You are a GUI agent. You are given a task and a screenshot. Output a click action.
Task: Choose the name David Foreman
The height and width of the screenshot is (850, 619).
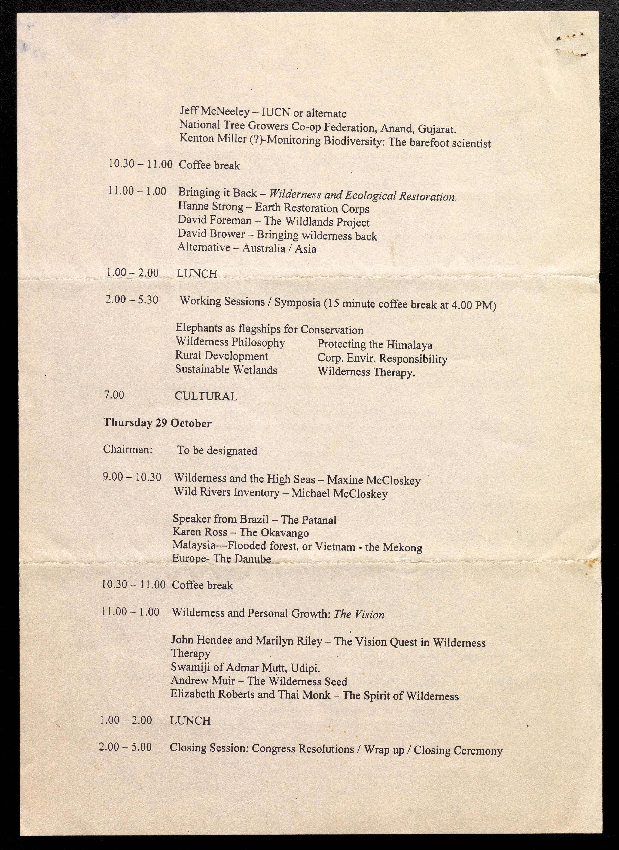[x=214, y=220]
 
